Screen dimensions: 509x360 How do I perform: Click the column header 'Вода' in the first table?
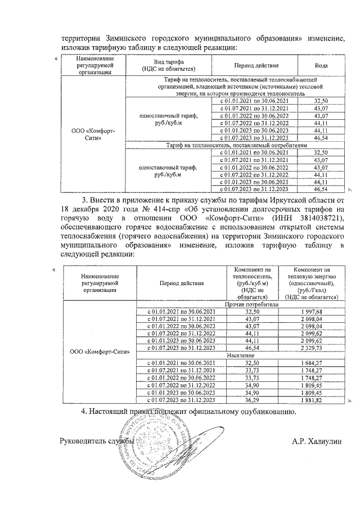(x=321, y=65)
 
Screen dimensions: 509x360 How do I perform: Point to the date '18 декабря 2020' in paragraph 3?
(x=88, y=208)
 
